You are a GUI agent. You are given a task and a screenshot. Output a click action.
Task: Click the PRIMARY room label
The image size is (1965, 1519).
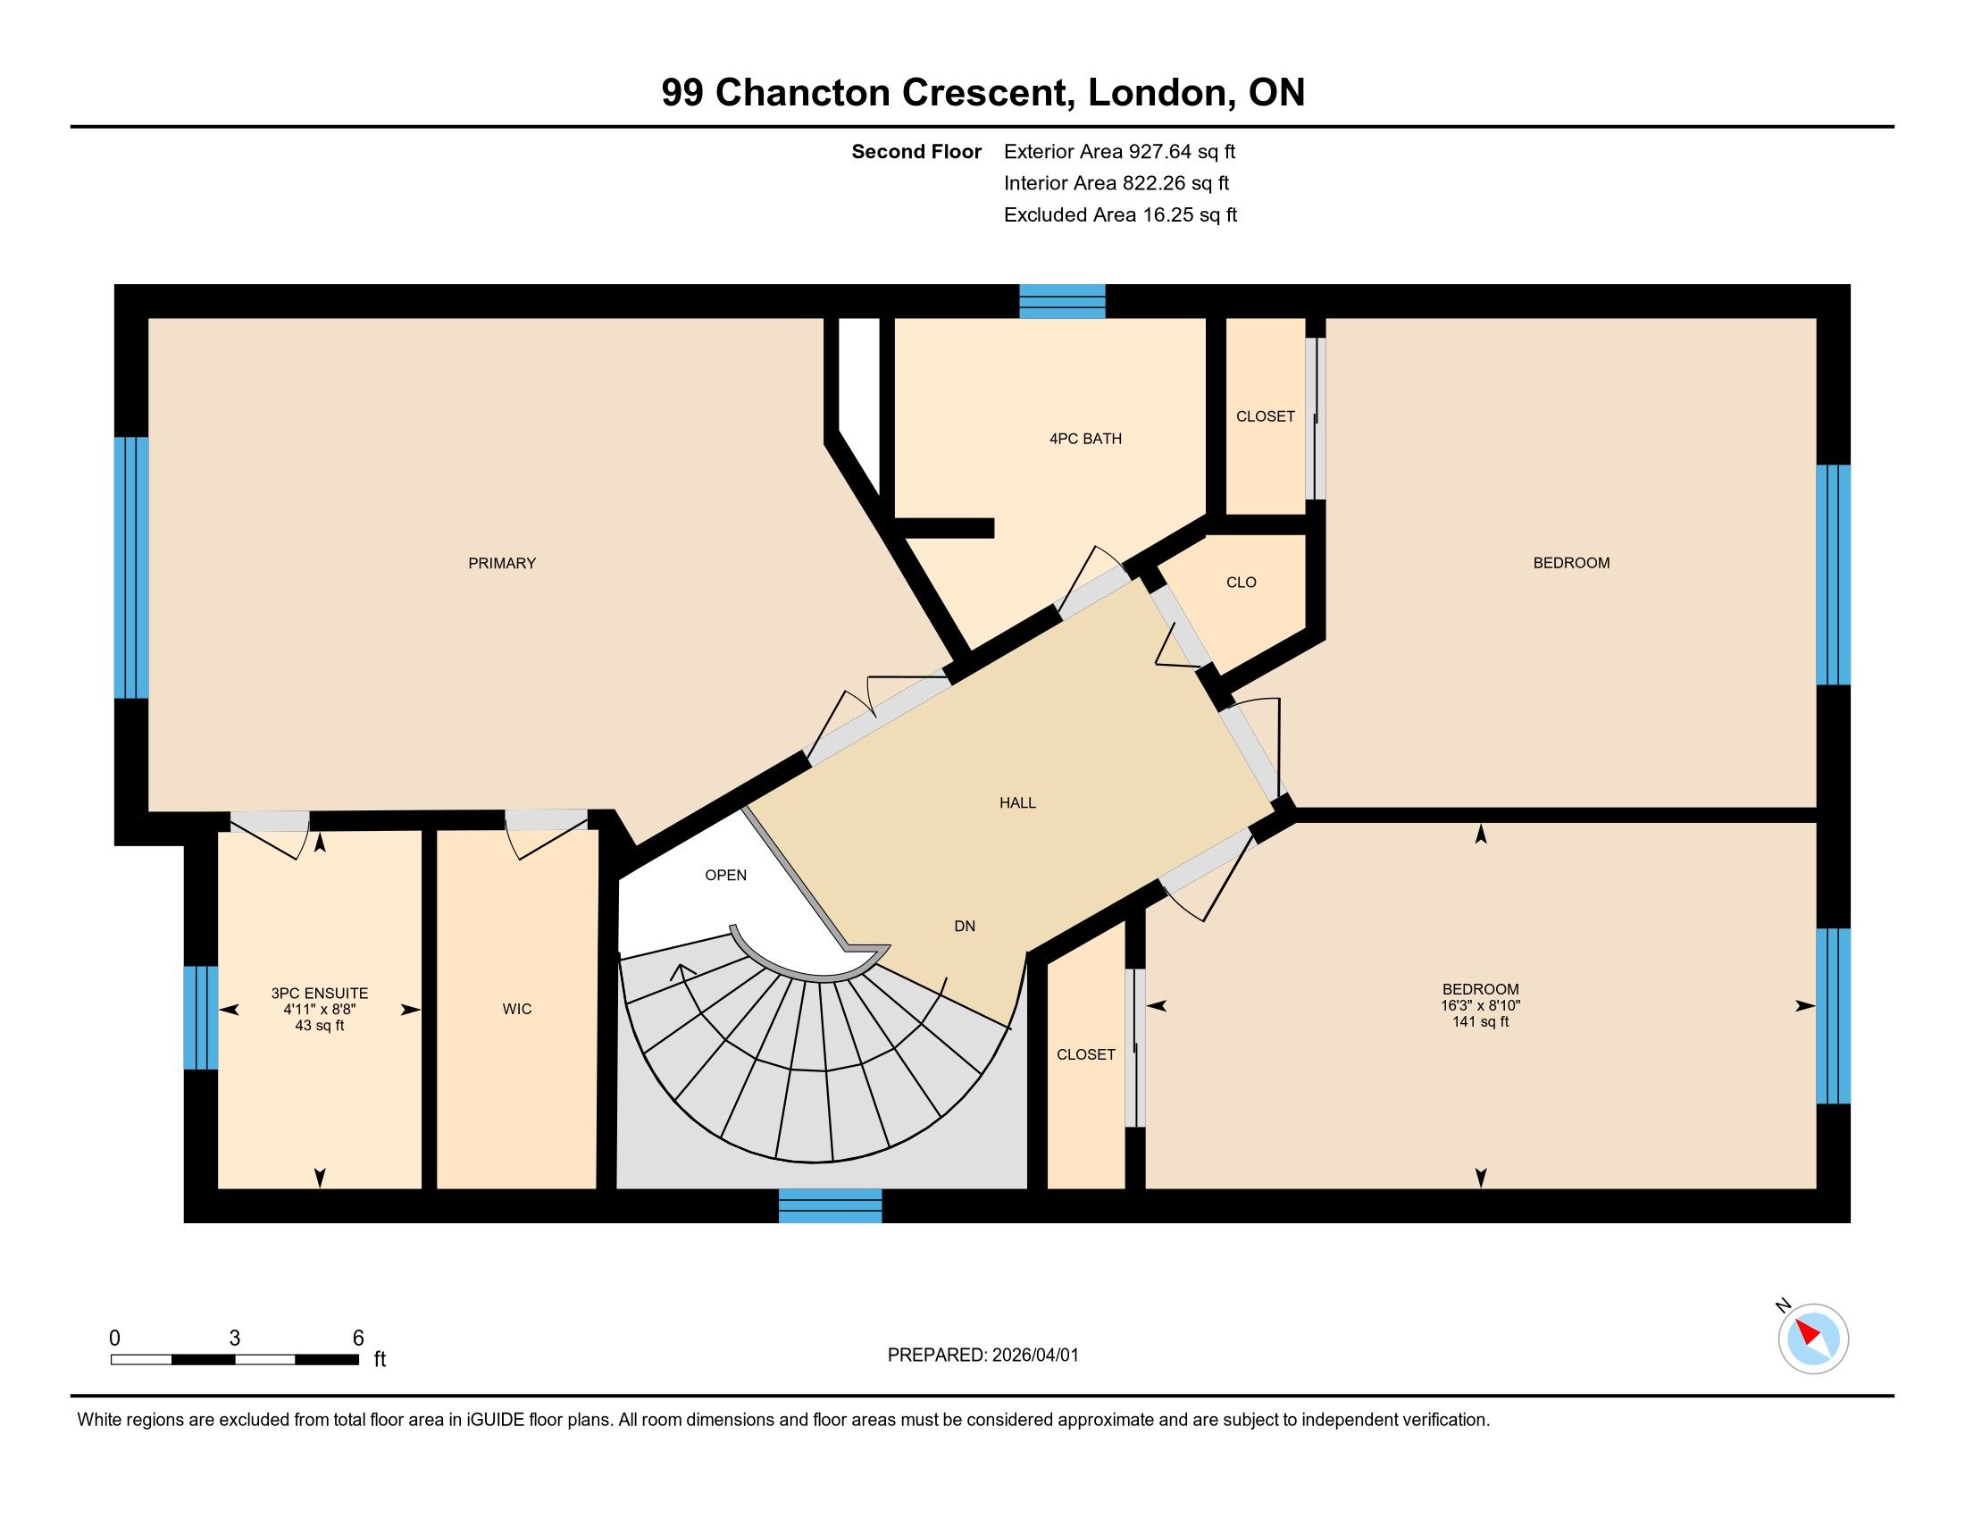(502, 563)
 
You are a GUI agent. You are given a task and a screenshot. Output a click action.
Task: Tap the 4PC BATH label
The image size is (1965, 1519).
(1085, 439)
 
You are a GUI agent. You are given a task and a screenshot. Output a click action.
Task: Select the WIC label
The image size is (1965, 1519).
(517, 1009)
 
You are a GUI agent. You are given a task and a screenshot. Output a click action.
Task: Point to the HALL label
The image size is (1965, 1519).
(1017, 802)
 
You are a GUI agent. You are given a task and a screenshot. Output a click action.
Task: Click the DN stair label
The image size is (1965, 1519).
(965, 926)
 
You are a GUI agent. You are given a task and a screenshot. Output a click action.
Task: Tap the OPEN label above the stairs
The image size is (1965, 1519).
(726, 875)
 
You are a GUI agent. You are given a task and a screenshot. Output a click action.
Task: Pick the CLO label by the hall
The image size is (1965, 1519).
(1241, 583)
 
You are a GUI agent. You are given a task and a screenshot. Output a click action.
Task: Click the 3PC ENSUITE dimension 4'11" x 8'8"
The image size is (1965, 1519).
(320, 1010)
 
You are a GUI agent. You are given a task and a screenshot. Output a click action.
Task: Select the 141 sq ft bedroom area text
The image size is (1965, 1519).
(1480, 1021)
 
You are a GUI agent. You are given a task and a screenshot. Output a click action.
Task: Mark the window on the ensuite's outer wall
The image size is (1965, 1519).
(201, 1018)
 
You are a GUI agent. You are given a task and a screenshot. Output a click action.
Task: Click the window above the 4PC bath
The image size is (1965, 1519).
(1062, 301)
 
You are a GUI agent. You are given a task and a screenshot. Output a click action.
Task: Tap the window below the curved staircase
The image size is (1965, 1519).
(830, 1206)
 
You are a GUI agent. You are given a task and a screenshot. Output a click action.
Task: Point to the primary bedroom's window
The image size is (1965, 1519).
(131, 567)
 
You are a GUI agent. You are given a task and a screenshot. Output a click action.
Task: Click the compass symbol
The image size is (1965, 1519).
(1813, 1339)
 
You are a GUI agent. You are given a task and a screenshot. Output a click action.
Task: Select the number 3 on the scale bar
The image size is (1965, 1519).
(235, 1339)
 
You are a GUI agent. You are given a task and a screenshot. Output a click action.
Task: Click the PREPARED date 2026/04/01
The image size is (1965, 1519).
(1034, 1355)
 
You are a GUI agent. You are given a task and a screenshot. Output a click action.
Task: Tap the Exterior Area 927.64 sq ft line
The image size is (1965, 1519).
(1119, 151)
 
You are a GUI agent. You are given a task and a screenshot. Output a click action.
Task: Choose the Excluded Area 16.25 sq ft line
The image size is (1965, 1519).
(1120, 214)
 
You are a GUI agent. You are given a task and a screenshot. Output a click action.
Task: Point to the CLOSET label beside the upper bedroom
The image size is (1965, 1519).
(1265, 416)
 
